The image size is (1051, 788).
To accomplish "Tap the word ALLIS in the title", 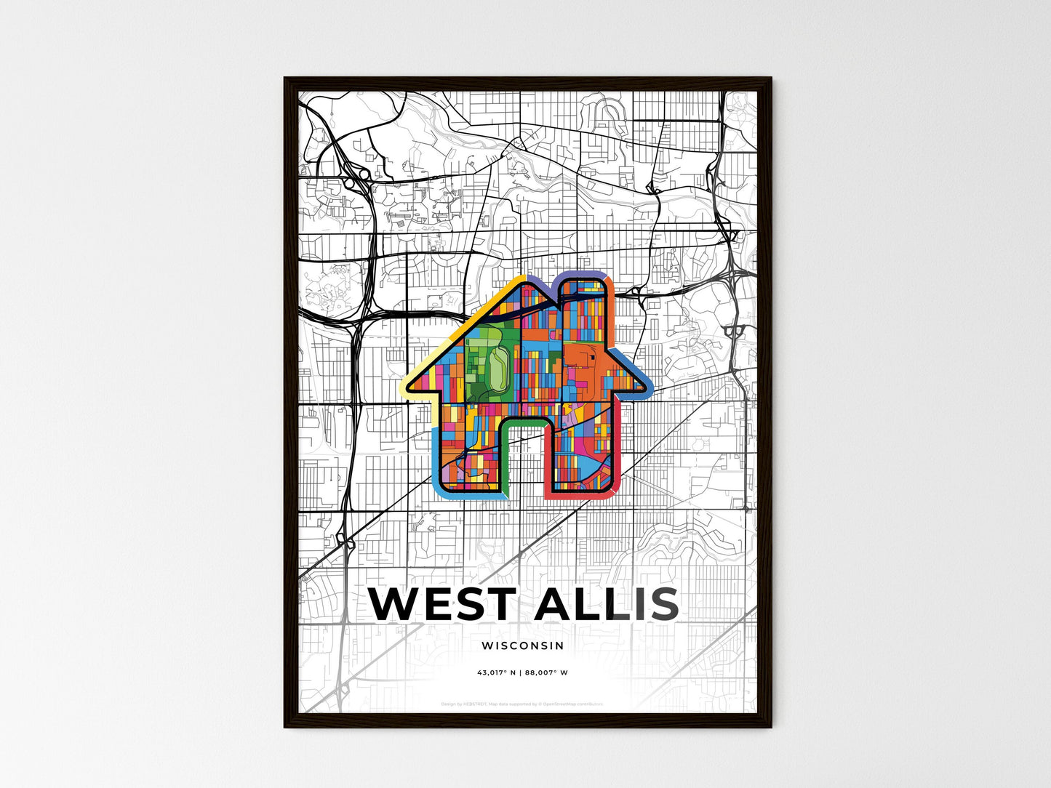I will [x=606, y=604].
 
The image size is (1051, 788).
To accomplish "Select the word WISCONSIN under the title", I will [x=522, y=646].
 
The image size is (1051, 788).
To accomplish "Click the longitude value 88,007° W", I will [x=546, y=672].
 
